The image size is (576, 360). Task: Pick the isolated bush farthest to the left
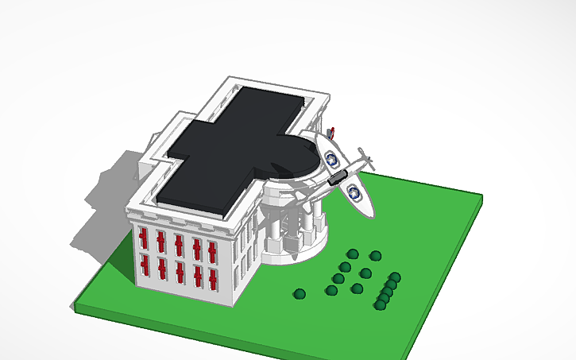pos(300,294)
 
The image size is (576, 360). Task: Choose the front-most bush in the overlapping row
pos(380,304)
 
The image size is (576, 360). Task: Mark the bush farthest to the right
pos(395,277)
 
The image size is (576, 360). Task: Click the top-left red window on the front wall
pos(144,237)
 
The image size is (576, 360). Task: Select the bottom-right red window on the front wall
pos(213,279)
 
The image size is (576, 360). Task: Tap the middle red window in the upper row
pos(179,245)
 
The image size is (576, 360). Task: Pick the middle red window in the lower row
pos(180,271)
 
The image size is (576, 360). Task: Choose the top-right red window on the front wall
pos(212,252)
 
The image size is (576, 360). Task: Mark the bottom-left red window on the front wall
pos(145,262)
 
